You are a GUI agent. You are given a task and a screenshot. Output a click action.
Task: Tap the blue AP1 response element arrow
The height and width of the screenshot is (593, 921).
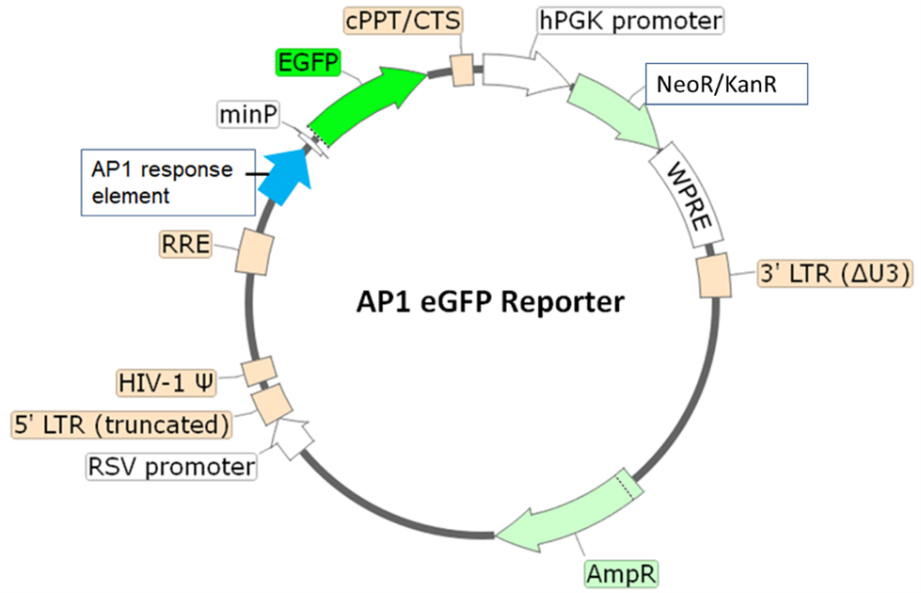[x=282, y=176]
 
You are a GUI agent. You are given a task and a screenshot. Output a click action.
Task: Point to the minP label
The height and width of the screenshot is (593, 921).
[x=249, y=115]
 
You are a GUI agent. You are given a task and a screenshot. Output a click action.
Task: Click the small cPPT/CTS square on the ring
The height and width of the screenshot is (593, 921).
[x=462, y=70]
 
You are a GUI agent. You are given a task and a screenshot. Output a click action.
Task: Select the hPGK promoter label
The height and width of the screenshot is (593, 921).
[x=629, y=20]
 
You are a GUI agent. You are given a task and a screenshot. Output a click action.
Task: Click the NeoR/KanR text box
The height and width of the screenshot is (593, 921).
[x=725, y=85]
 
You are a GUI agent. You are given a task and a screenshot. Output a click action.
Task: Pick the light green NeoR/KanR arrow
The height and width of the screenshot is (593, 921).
[x=621, y=113]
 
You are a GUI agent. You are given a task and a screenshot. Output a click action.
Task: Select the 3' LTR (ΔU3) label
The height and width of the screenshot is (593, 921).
[x=834, y=273]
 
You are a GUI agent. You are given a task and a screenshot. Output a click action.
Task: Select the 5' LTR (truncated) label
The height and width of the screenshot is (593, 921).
[x=121, y=425]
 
